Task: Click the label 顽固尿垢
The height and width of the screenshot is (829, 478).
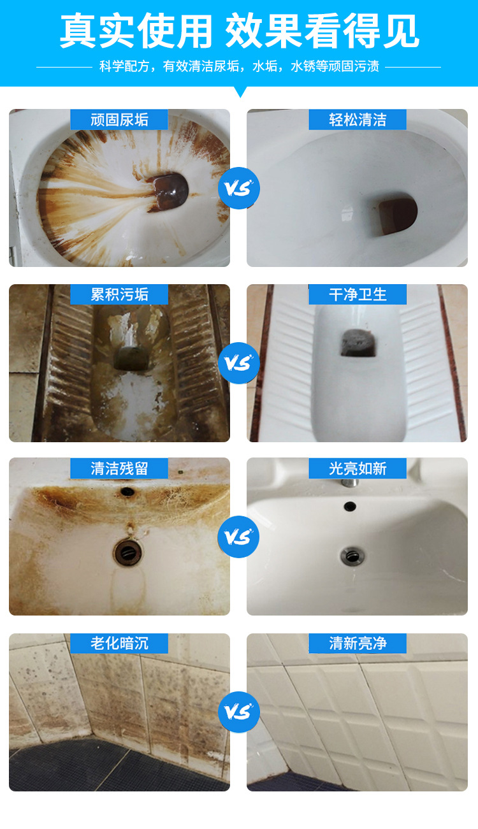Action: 119,120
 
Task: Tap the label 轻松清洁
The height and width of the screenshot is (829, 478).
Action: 358,120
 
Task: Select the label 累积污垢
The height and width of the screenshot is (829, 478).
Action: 119,294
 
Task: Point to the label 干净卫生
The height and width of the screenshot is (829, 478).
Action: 358,294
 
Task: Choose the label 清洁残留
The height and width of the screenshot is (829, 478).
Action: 119,468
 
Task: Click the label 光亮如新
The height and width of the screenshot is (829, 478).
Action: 358,468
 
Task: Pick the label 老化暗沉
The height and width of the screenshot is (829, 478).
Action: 119,643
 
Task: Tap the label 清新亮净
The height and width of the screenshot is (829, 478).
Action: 358,643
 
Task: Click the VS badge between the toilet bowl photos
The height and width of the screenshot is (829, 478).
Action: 239,188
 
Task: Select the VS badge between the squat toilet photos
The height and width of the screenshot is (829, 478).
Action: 239,363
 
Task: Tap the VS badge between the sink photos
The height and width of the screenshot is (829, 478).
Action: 239,537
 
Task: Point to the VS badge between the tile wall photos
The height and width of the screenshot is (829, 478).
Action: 239,712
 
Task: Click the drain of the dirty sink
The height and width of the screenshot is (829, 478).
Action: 127,552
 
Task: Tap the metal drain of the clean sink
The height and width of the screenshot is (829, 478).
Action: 352,556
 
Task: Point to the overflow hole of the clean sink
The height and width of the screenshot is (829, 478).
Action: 350,506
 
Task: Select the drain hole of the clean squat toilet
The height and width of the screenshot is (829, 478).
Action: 359,343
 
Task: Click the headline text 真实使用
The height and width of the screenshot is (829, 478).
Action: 136,31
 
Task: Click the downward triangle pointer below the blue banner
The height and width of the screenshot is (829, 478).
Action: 241,91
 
